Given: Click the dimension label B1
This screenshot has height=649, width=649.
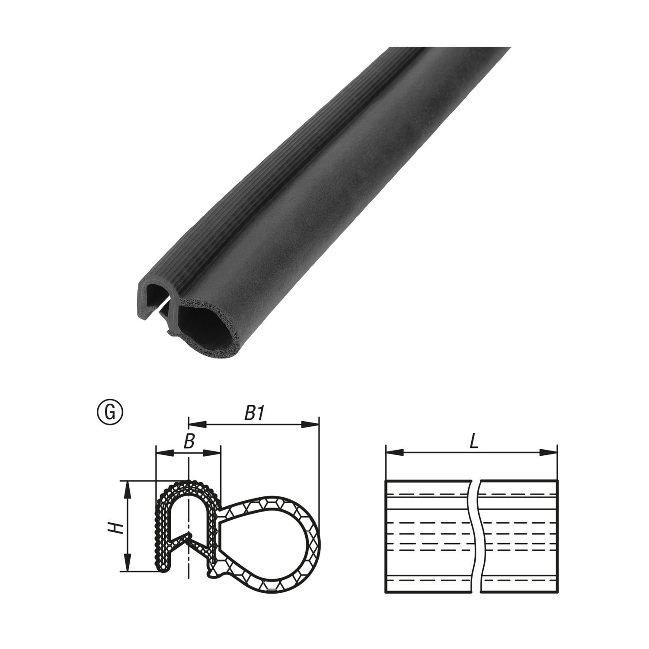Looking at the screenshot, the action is pyautogui.click(x=254, y=413).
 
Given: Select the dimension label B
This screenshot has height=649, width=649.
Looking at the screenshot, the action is pyautogui.click(x=188, y=441).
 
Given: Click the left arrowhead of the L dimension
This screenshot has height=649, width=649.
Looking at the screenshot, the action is pyautogui.click(x=393, y=453).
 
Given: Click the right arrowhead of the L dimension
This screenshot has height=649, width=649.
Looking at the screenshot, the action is pyautogui.click(x=548, y=453).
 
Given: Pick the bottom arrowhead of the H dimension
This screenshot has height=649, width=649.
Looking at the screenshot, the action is pyautogui.click(x=128, y=563).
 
